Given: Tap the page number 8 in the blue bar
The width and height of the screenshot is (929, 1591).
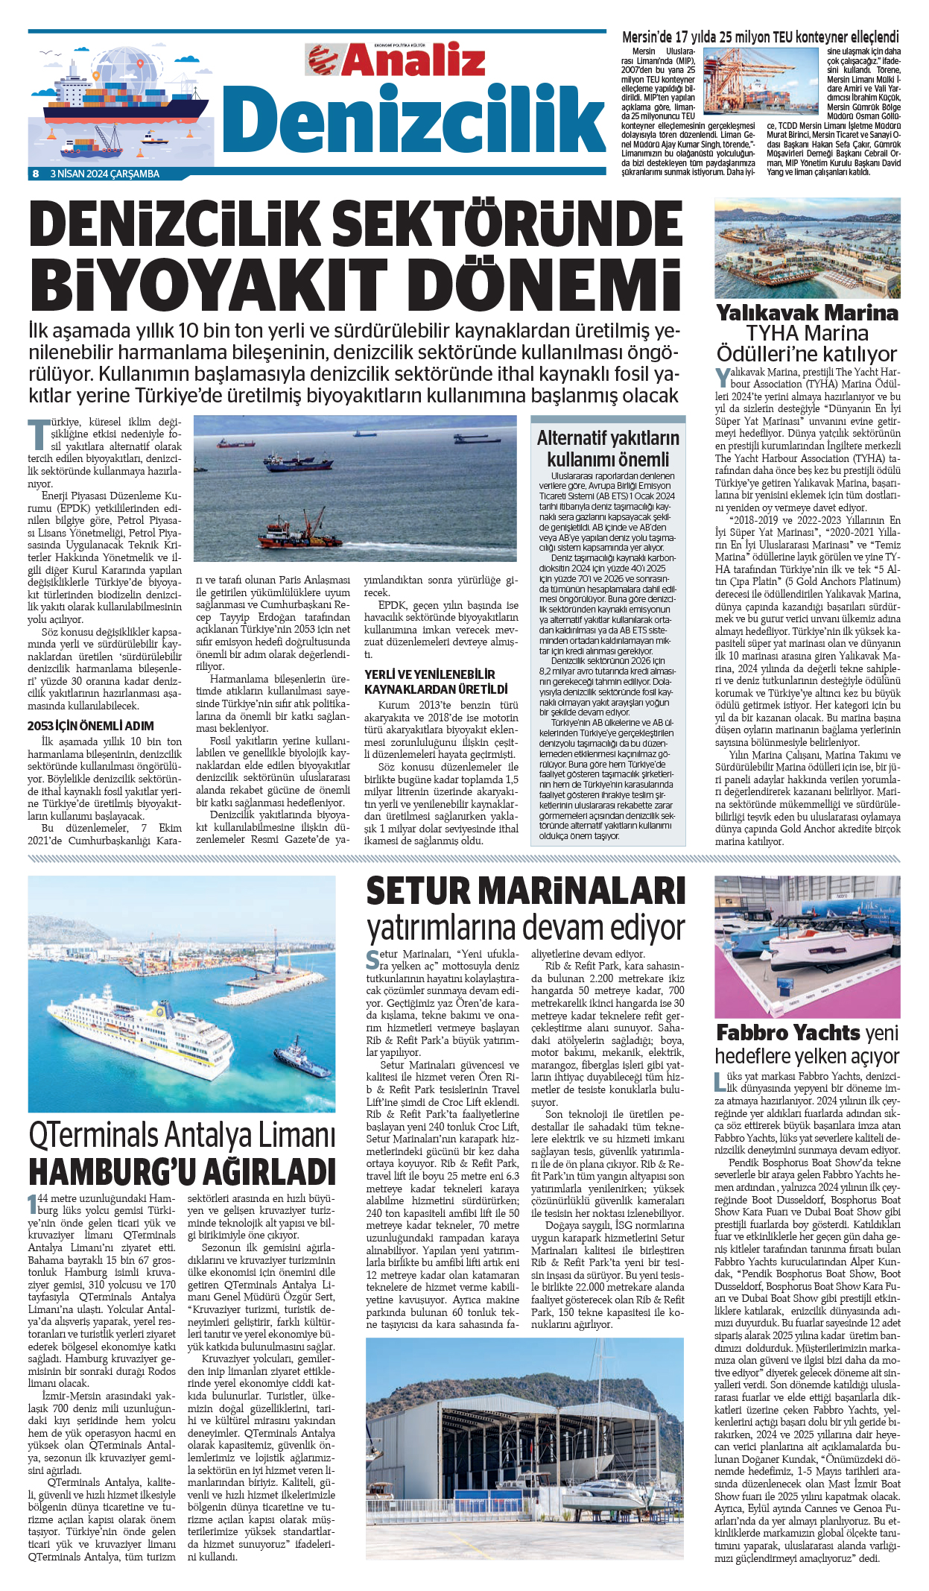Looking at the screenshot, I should pyautogui.click(x=35, y=174).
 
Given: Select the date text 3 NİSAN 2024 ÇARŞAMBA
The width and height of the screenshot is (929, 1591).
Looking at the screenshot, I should pyautogui.click(x=104, y=174).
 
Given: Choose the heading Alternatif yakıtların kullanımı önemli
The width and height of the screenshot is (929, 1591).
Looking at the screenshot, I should pyautogui.click(x=608, y=449).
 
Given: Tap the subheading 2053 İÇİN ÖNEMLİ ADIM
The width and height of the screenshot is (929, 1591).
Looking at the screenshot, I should pyautogui.click(x=91, y=726).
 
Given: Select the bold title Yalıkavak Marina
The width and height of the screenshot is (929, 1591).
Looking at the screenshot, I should pyautogui.click(x=807, y=312).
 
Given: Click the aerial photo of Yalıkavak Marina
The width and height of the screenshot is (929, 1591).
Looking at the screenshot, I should pyautogui.click(x=807, y=248).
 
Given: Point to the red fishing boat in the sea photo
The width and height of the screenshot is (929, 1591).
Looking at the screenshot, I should pyautogui.click(x=299, y=532).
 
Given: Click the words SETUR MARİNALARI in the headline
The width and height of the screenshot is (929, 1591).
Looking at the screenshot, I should pyautogui.click(x=525, y=891).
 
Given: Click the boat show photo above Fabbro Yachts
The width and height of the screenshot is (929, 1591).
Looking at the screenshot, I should pyautogui.click(x=807, y=946).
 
